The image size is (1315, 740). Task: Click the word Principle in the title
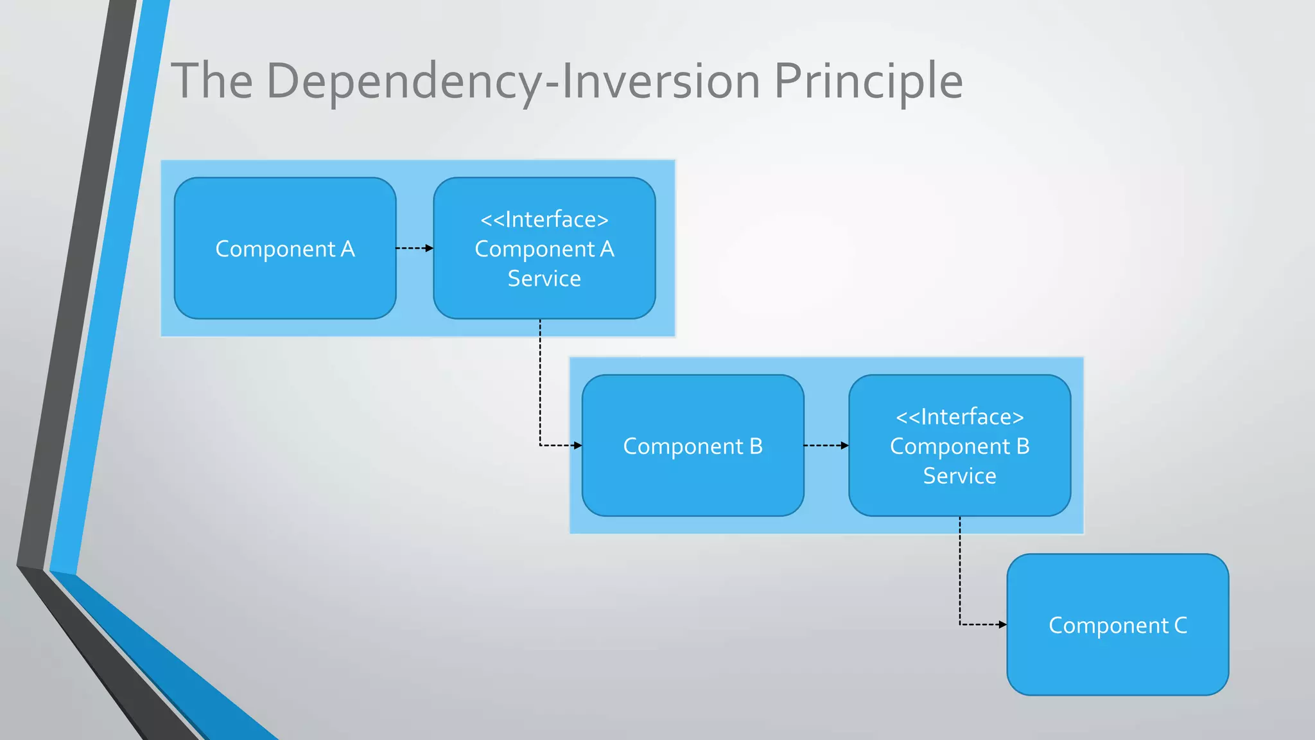[x=868, y=81]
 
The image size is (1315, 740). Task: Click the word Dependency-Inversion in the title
[x=512, y=81]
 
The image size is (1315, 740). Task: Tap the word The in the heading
[x=211, y=81]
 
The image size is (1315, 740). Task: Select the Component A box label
[x=285, y=249]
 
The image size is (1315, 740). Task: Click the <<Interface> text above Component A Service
[x=544, y=220]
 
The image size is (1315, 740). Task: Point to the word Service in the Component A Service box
[x=544, y=279]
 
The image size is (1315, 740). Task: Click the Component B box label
[x=693, y=446]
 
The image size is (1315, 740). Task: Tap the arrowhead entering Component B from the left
[x=578, y=445]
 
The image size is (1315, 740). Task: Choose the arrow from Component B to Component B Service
[x=826, y=445]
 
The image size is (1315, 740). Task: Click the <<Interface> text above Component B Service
[x=959, y=417]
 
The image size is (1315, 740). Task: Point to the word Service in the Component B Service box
[x=959, y=476]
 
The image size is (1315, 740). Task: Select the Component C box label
[x=1117, y=625]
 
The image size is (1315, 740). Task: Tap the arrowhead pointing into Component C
[x=1002, y=624]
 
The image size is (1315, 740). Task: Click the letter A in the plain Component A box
[x=347, y=249]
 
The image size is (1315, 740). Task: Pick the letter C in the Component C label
[x=1180, y=625]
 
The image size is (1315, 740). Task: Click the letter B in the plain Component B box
[x=756, y=446]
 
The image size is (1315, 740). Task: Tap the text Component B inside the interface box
[x=959, y=446]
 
